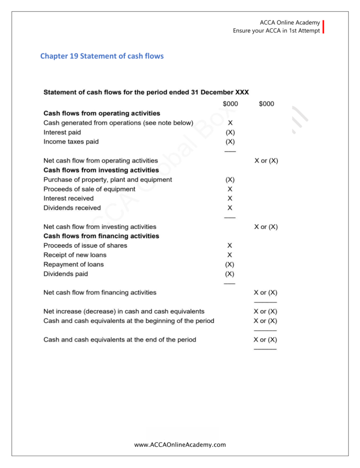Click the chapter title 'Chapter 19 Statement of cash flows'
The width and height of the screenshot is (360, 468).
(102, 56)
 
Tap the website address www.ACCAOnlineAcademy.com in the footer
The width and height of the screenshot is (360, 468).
(180, 444)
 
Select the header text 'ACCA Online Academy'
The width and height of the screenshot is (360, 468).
(290, 23)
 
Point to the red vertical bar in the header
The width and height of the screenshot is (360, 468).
(323, 27)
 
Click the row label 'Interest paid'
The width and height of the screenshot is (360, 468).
(62, 132)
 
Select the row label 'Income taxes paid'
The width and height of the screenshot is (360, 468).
(71, 142)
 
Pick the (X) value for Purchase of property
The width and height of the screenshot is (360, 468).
(230, 180)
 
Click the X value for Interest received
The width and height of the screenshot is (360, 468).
(230, 198)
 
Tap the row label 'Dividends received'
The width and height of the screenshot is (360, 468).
(72, 208)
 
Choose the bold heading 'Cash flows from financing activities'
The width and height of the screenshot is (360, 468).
(101, 236)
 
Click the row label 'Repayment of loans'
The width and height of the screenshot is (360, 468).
(74, 265)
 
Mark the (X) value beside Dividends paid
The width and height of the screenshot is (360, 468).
(230, 274)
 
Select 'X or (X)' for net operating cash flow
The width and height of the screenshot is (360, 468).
(266, 161)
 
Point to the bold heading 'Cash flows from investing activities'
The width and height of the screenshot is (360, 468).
(101, 170)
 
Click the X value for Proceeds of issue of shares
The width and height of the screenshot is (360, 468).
(230, 246)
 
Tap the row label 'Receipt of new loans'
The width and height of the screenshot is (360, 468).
(75, 255)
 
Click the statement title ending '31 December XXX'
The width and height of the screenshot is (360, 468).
(146, 92)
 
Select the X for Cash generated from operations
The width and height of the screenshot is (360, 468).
(230, 123)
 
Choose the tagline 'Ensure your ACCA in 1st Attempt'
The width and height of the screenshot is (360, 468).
(276, 31)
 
